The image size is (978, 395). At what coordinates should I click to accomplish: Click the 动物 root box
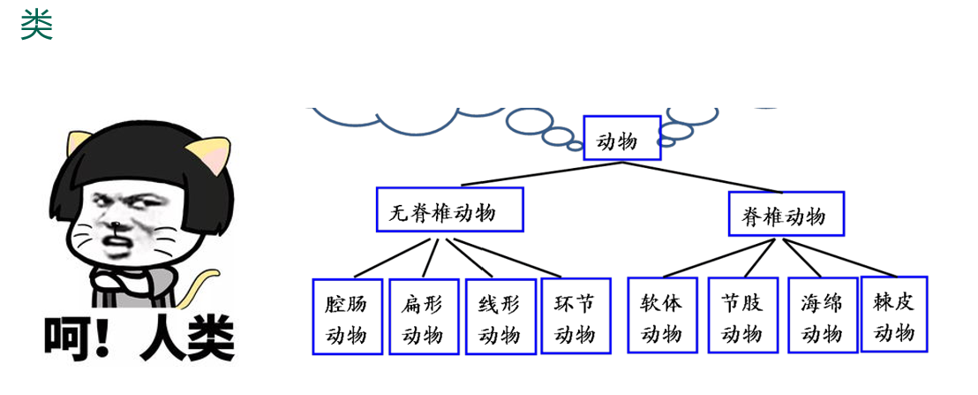point(621,138)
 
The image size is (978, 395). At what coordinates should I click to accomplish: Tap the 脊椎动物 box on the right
point(786,214)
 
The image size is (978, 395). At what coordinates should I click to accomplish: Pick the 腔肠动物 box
point(347,316)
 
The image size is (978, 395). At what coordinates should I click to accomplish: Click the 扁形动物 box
point(423,316)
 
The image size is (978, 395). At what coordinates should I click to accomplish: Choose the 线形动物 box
point(500,316)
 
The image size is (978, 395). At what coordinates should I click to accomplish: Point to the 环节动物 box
point(575,315)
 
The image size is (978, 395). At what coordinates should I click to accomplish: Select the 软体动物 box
point(661,315)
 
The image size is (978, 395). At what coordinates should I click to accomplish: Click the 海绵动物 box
point(821,316)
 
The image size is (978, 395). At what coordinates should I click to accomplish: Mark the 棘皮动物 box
point(894,314)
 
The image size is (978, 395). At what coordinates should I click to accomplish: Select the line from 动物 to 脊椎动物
point(706,174)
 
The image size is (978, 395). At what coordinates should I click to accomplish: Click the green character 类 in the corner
point(36,25)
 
